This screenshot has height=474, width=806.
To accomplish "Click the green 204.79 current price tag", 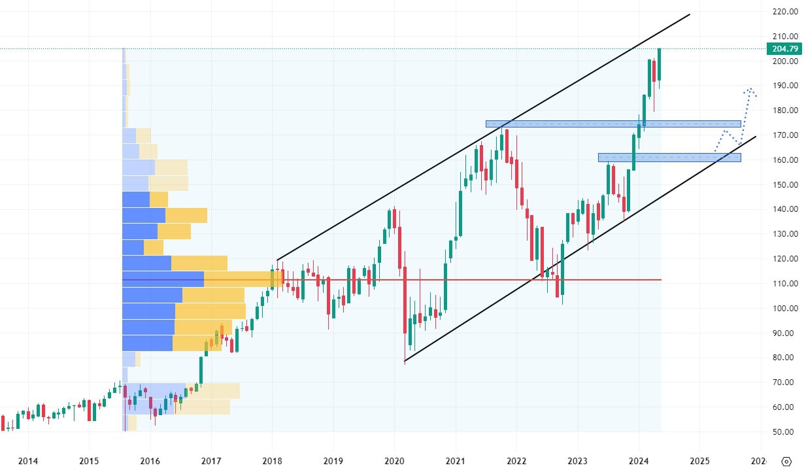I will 783,48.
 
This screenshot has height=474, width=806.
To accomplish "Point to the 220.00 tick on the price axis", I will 784,12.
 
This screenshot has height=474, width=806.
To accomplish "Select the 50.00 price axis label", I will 784,432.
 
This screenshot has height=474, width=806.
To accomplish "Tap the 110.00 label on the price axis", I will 784,284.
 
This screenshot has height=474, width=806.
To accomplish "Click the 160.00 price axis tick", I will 784,160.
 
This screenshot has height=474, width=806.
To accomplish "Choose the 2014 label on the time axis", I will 27,461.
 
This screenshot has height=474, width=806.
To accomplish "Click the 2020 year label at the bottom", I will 394,461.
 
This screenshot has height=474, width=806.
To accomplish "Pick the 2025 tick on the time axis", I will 699,461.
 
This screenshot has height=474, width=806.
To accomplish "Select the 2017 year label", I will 211,461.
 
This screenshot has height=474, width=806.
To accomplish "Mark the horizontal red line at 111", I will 458,280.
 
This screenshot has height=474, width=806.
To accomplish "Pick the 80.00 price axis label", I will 784,358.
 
